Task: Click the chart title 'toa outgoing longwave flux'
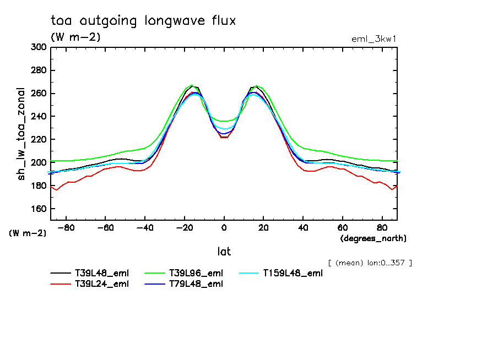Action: (143, 21)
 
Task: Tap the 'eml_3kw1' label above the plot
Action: (374, 39)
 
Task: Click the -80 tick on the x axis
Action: (66, 227)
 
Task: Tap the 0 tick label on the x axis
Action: (224, 227)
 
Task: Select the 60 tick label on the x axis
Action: (342, 227)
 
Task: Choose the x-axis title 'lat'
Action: (224, 252)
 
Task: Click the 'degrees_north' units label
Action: (373, 238)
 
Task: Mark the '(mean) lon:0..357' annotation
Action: (370, 263)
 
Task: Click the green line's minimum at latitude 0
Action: (224, 121)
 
